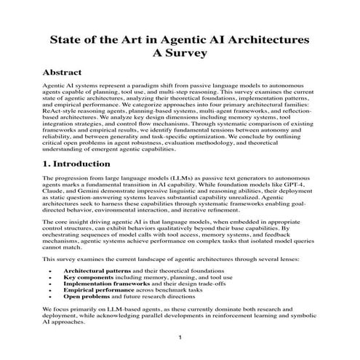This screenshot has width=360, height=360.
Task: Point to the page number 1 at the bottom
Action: click(180, 340)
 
